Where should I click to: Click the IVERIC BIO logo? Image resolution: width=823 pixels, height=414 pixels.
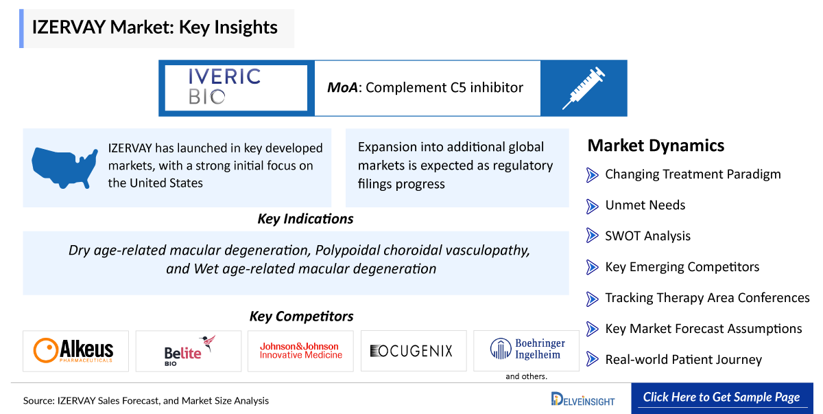click(x=224, y=87)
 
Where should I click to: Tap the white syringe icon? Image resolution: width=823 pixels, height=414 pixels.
click(x=584, y=89)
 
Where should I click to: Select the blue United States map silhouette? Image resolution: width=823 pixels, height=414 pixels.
click(x=64, y=168)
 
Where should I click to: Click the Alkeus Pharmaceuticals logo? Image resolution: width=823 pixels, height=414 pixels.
click(x=73, y=351)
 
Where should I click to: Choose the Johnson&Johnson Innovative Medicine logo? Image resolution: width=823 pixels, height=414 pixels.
click(x=301, y=351)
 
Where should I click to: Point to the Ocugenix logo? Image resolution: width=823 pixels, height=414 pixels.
click(x=411, y=351)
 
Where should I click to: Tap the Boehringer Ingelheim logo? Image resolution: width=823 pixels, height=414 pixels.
click(x=527, y=349)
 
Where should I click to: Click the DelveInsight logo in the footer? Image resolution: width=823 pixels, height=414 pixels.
click(x=583, y=400)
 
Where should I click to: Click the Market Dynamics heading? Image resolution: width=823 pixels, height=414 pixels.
click(x=656, y=146)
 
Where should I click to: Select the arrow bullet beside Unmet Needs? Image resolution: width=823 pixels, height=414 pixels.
click(x=592, y=206)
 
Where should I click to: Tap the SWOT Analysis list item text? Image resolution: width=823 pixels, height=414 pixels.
click(x=647, y=236)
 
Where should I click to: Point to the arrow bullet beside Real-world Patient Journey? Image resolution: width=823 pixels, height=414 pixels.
click(x=592, y=359)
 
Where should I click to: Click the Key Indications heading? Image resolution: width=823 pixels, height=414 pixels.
click(x=305, y=219)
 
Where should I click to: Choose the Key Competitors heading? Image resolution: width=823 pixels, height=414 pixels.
click(x=301, y=317)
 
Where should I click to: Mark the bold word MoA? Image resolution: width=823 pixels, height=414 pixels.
click(x=342, y=87)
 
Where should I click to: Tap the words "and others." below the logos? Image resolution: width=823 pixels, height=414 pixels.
click(x=526, y=376)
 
